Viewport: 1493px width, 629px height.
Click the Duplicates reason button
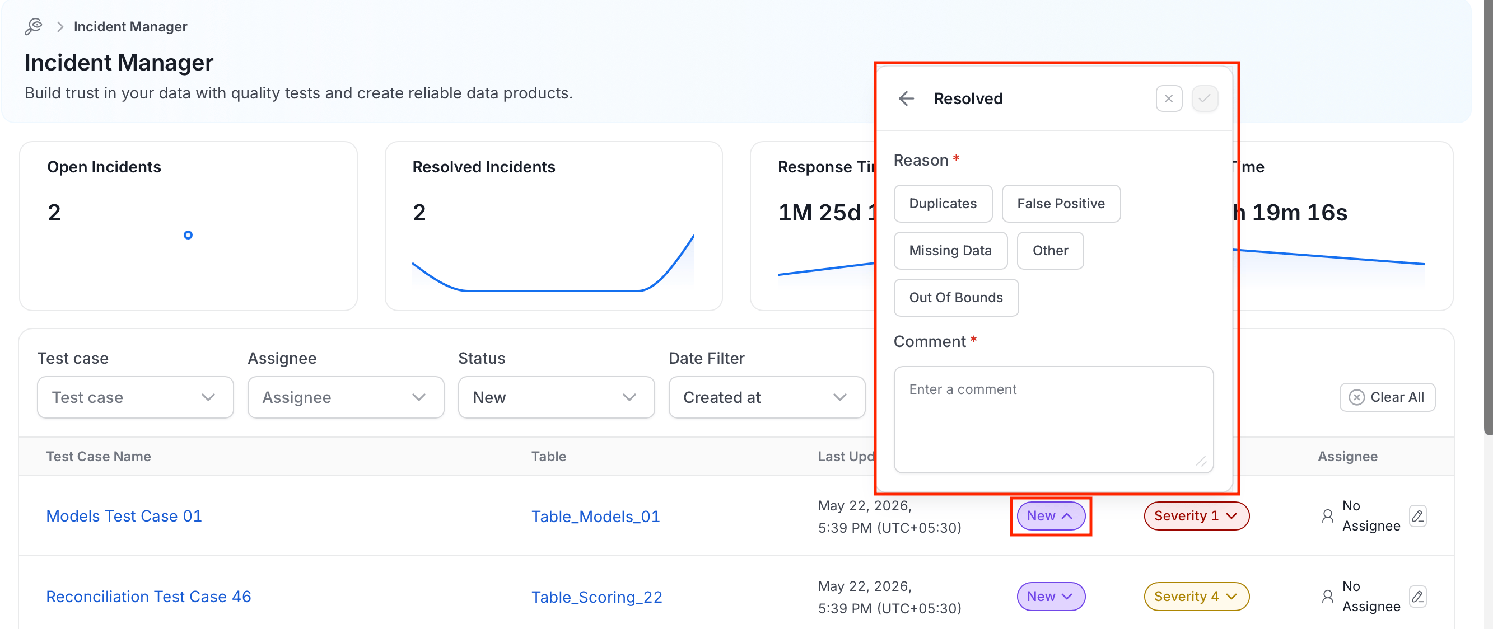pyautogui.click(x=943, y=203)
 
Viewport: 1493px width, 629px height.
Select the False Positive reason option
pyautogui.click(x=1061, y=203)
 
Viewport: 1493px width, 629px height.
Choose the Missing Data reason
pyautogui.click(x=950, y=250)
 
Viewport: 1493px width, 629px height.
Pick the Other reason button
pyautogui.click(x=1049, y=250)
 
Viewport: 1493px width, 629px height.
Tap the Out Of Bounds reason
pyautogui.click(x=956, y=297)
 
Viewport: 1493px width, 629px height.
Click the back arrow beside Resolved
pyautogui.click(x=907, y=98)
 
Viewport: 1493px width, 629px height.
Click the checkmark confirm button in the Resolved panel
pyautogui.click(x=1205, y=98)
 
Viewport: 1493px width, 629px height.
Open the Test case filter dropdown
pyautogui.click(x=135, y=397)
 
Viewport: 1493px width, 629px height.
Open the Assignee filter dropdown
pyautogui.click(x=346, y=397)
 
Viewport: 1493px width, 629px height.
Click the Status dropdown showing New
pyautogui.click(x=556, y=397)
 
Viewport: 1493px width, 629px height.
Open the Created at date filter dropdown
pyautogui.click(x=766, y=397)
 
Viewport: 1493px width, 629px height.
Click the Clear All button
pyautogui.click(x=1387, y=397)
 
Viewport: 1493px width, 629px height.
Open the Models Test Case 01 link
pyautogui.click(x=124, y=516)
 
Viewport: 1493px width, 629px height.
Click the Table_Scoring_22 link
pyautogui.click(x=596, y=597)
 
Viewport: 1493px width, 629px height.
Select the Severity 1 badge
pyautogui.click(x=1196, y=516)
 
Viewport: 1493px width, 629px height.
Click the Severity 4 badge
pyautogui.click(x=1196, y=597)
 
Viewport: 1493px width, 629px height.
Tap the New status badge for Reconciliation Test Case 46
pyautogui.click(x=1050, y=597)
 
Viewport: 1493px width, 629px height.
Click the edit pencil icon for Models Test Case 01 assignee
pyautogui.click(x=1417, y=515)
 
